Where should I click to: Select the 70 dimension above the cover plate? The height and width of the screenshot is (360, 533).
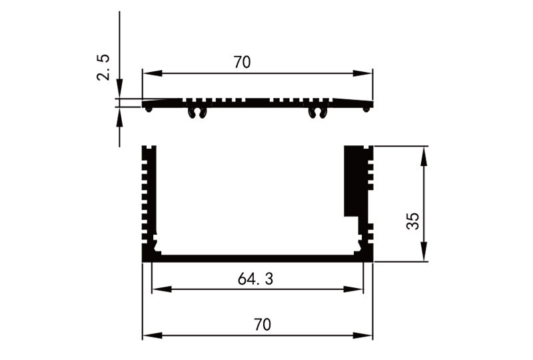point(242,63)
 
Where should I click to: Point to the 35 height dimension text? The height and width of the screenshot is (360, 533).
point(413,221)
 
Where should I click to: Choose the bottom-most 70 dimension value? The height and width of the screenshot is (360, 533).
point(262,325)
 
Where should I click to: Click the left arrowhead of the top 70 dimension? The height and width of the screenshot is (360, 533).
point(147,73)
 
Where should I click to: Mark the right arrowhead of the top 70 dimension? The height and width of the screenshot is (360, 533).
point(368,73)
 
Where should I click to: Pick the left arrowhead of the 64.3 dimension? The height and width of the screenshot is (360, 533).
point(157,289)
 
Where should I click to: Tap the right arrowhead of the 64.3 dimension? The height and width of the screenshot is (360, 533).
point(359,289)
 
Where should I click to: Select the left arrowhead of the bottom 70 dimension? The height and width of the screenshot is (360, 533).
point(147,335)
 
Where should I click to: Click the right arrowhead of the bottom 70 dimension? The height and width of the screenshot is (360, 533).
point(368,335)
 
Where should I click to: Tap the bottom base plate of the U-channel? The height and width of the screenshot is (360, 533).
point(257,258)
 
